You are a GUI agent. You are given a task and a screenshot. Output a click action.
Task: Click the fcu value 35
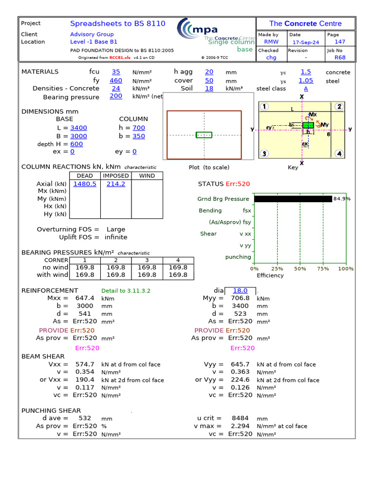pos(116,72)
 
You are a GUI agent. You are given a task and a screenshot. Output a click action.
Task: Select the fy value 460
pos(116,80)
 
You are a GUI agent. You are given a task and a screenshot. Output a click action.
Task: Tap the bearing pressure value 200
pos(116,96)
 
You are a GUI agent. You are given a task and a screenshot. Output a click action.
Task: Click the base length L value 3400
pos(79,128)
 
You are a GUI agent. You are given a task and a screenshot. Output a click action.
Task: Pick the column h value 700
pos(139,128)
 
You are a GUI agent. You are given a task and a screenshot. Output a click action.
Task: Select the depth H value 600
pos(76,144)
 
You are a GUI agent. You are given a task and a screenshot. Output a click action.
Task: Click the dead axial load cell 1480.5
pos(85,184)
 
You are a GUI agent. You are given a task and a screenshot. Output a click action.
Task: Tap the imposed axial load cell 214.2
pos(116,184)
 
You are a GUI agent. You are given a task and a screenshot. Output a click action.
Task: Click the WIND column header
pos(147,175)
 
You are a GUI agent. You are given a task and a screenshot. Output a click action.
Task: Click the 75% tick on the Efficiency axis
pos(323,269)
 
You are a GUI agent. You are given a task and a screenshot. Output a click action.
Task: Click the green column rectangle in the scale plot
pos(204,135)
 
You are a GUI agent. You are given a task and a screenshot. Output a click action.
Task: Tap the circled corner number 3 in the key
pos(264,154)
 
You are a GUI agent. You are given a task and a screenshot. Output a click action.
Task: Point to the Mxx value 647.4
pos(85,298)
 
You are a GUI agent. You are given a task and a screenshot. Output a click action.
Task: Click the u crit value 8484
pos(240,418)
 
